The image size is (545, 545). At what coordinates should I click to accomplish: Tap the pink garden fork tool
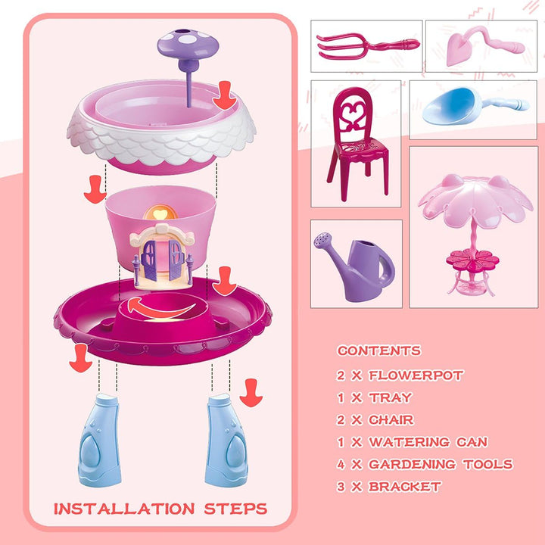[356, 45]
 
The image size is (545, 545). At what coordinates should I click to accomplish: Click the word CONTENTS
[378, 351]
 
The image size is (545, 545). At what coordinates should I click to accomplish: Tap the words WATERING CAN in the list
[428, 442]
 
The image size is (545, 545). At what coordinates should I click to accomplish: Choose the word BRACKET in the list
[405, 487]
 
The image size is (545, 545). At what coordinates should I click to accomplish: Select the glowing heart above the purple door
[160, 214]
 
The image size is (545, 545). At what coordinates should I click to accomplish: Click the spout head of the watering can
[324, 243]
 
